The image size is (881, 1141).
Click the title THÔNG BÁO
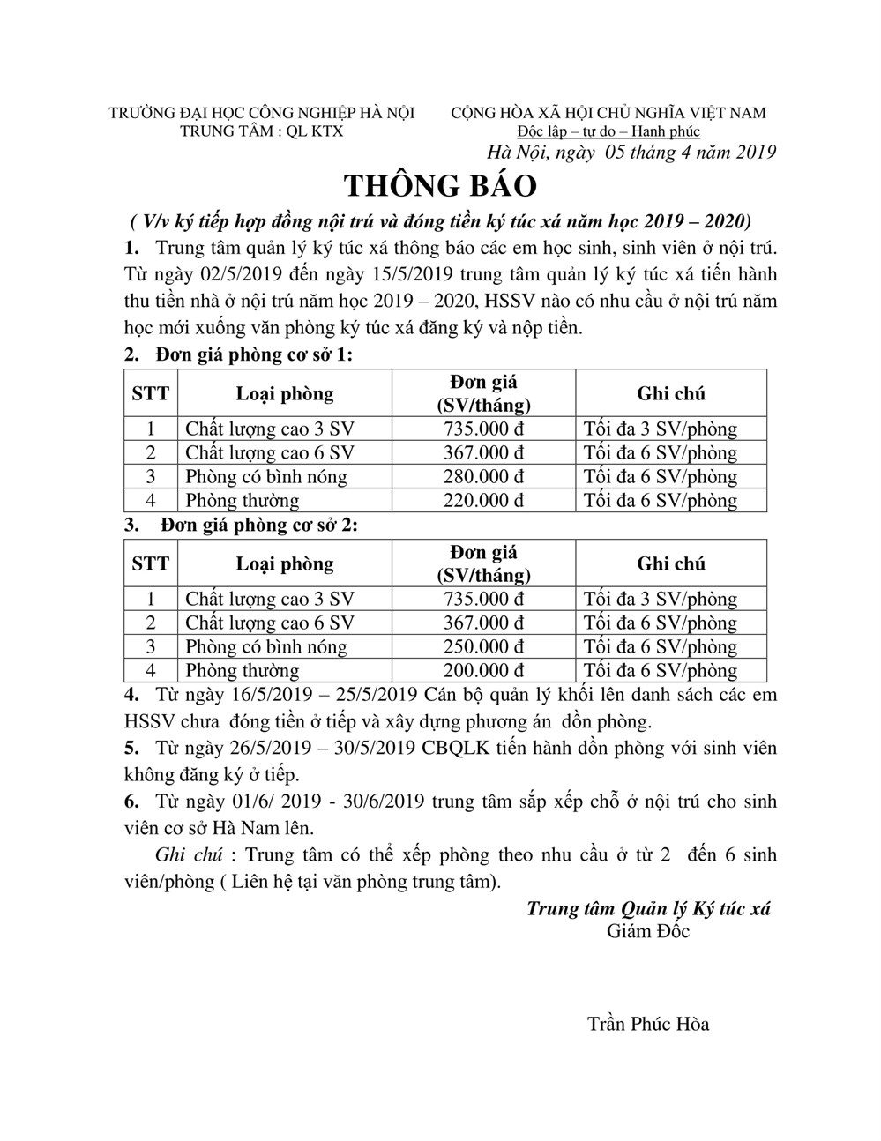coord(439,186)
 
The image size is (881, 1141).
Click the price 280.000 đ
coord(483,477)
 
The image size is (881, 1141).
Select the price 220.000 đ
coord(483,501)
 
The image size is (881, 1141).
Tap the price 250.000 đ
coord(483,647)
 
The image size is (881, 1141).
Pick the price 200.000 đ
coord(483,671)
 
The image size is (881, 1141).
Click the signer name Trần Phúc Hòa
coord(648,1024)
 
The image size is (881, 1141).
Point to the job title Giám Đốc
coord(648,931)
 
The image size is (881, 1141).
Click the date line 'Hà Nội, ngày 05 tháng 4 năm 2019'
coord(631,152)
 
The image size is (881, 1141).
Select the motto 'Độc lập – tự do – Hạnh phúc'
coord(608,131)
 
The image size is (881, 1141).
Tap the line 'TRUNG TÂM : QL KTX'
coord(261,131)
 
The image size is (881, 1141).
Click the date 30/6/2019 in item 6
coord(388,802)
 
